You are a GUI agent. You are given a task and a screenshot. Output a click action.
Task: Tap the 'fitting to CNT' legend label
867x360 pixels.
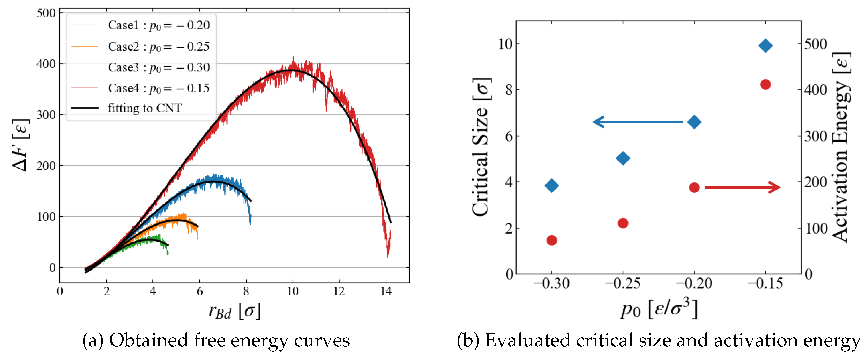(x=145, y=108)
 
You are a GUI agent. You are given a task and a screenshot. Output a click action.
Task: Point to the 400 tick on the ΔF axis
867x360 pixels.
(x=46, y=64)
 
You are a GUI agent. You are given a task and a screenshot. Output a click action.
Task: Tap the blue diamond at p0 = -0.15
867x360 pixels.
(x=765, y=46)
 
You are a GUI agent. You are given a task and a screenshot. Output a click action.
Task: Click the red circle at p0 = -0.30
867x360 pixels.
(x=552, y=240)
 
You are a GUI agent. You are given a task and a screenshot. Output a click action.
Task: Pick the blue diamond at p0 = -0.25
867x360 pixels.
(x=623, y=158)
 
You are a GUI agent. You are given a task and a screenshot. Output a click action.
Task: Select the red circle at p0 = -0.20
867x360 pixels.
(x=694, y=187)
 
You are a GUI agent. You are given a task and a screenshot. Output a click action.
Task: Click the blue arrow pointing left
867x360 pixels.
(x=637, y=122)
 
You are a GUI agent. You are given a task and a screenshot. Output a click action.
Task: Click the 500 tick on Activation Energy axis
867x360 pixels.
(x=816, y=44)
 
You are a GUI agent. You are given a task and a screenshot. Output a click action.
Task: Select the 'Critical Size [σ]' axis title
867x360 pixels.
(x=481, y=147)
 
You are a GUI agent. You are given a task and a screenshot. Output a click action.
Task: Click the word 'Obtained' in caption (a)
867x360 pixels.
(x=148, y=341)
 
